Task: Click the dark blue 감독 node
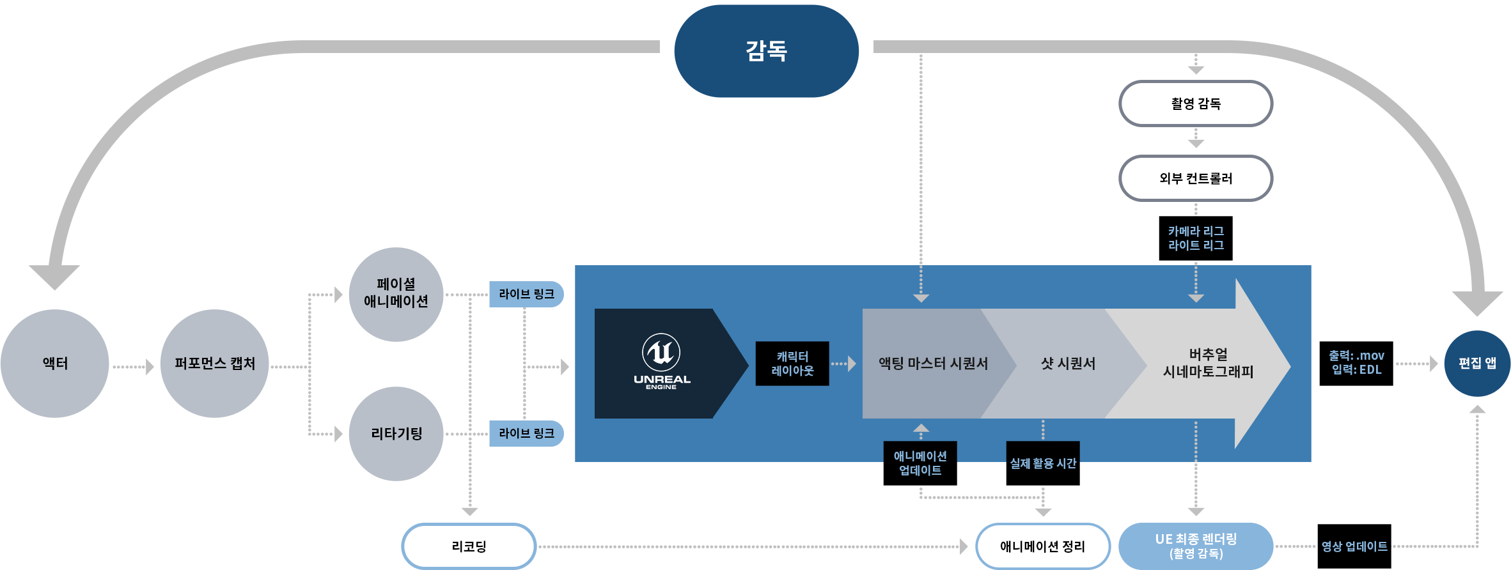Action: pos(766,51)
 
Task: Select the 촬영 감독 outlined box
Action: pos(1196,104)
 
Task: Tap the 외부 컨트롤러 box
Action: pos(1196,178)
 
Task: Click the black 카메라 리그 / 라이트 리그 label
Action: pos(1196,238)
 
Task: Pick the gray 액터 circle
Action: pos(55,364)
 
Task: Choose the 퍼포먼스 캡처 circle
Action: pos(215,364)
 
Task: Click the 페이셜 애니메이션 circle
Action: pos(396,295)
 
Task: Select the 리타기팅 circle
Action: pos(396,434)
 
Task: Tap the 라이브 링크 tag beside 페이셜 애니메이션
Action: pos(526,295)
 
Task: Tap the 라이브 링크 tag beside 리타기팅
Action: pos(526,434)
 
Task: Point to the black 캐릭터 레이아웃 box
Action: pos(792,364)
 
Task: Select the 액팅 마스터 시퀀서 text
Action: pos(933,364)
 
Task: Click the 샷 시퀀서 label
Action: pos(1068,364)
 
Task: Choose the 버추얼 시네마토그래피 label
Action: pos(1208,363)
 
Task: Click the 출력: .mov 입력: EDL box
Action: pos(1356,364)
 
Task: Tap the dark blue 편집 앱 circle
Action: pos(1477,364)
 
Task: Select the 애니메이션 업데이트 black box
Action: pos(920,463)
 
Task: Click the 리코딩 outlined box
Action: pos(469,546)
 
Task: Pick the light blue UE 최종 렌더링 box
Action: pos(1196,546)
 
